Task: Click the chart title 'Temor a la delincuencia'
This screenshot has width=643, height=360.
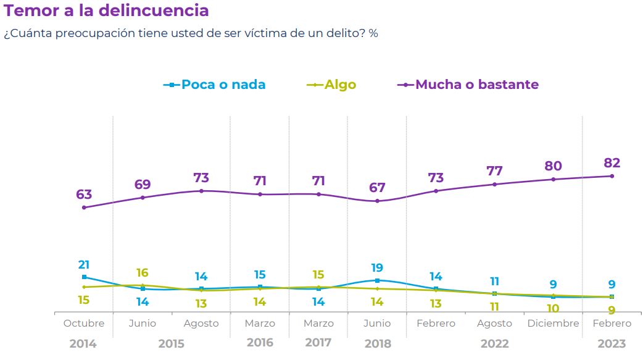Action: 106,10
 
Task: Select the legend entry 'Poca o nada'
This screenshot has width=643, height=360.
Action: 223,85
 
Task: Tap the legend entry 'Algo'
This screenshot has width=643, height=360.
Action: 340,85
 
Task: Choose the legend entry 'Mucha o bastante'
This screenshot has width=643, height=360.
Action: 476,85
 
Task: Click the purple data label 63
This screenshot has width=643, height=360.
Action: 84,195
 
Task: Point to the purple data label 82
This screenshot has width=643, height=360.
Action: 612,163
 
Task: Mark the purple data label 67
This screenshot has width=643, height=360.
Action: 377,188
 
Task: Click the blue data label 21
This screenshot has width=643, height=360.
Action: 84,264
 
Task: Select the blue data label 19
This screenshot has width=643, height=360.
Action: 377,268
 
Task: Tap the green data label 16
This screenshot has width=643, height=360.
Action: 143,273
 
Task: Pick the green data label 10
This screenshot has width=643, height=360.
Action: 553,308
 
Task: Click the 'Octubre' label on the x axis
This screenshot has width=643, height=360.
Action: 84,324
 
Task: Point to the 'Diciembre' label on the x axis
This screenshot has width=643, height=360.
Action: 553,324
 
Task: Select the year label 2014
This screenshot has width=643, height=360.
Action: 83,343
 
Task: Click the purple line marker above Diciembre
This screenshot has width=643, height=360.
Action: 553,179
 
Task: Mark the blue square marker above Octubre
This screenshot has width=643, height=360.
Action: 84,277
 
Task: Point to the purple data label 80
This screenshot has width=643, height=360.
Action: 553,166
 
